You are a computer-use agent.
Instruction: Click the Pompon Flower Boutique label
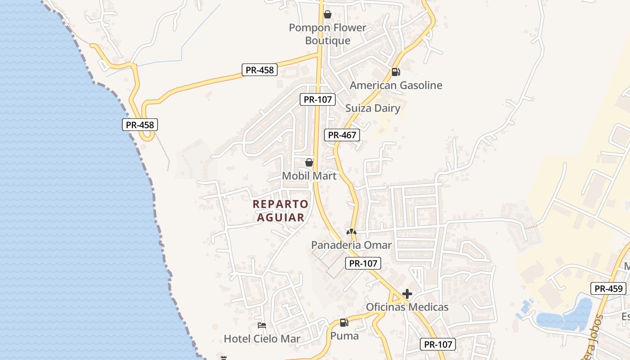(x=328, y=34)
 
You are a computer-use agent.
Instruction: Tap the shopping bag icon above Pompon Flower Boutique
(x=328, y=15)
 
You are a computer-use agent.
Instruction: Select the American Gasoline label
(x=396, y=85)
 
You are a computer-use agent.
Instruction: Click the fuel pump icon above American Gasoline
(x=396, y=72)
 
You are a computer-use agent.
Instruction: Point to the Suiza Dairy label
(x=373, y=108)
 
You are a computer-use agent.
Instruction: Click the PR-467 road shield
(x=342, y=135)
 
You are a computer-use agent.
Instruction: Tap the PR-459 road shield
(x=608, y=289)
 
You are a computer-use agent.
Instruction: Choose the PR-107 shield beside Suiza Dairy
(x=318, y=99)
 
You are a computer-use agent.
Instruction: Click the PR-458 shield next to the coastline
(x=140, y=125)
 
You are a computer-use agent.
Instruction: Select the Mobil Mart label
(x=309, y=176)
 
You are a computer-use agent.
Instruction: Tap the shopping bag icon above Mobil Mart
(x=309, y=162)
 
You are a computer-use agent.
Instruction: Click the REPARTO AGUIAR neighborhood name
(x=281, y=211)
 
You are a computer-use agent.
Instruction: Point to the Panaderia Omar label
(x=351, y=245)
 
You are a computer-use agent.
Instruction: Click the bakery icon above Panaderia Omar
(x=351, y=232)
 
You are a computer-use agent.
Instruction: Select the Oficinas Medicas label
(x=407, y=307)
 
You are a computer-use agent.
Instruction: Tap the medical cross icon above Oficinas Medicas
(x=407, y=294)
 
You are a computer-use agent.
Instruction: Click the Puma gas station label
(x=345, y=336)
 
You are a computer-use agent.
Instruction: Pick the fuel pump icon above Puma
(x=344, y=322)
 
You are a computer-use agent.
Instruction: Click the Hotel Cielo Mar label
(x=262, y=339)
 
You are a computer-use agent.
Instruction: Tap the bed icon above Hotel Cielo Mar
(x=262, y=325)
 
